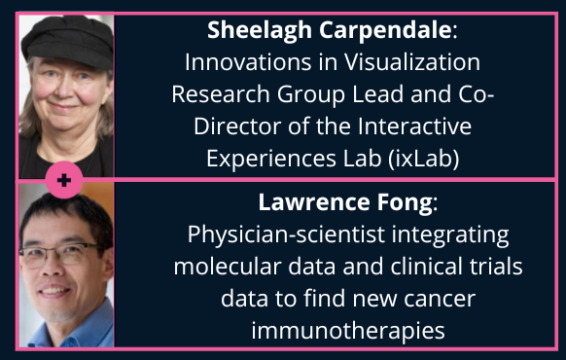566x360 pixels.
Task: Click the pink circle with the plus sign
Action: coord(65,180)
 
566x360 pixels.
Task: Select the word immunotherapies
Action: coord(348,331)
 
